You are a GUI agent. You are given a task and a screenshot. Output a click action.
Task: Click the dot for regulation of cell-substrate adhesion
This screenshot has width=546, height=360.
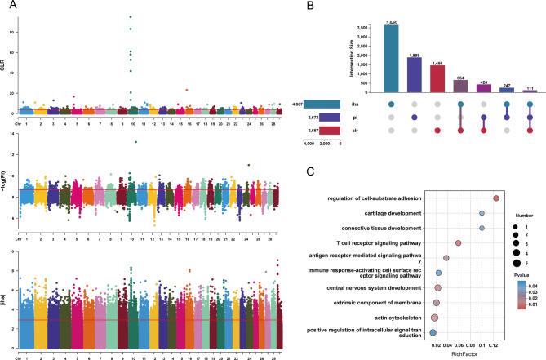[x=495, y=198]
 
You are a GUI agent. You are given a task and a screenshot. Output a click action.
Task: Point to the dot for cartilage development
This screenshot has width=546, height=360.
[x=482, y=213]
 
